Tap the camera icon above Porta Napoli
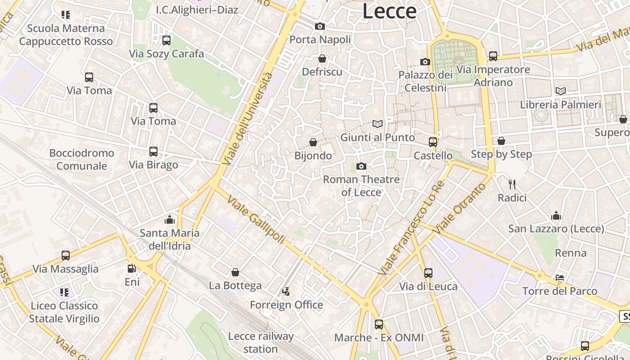click(x=320, y=27)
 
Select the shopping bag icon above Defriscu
click(x=322, y=58)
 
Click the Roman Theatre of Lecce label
click(x=361, y=186)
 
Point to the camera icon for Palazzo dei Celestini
click(x=425, y=62)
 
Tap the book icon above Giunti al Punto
click(x=378, y=124)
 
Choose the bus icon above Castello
click(x=433, y=142)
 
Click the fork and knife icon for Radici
click(x=512, y=184)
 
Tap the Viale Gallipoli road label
click(x=256, y=219)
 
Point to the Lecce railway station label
click(x=261, y=342)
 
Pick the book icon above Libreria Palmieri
click(x=561, y=91)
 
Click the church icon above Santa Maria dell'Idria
click(x=170, y=220)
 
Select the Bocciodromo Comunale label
click(x=82, y=159)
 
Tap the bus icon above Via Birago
click(x=153, y=152)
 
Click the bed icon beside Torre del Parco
click(x=560, y=277)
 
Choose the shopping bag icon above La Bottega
click(x=235, y=272)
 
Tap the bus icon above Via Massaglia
click(x=66, y=256)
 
